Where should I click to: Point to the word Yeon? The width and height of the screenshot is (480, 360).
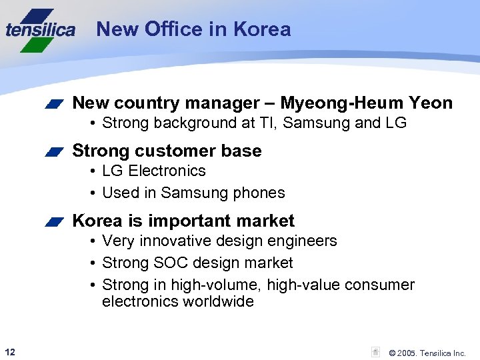pos(431,103)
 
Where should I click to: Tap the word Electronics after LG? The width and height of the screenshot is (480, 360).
pos(167,171)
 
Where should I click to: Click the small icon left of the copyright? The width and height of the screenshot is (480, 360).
pos(376,352)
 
